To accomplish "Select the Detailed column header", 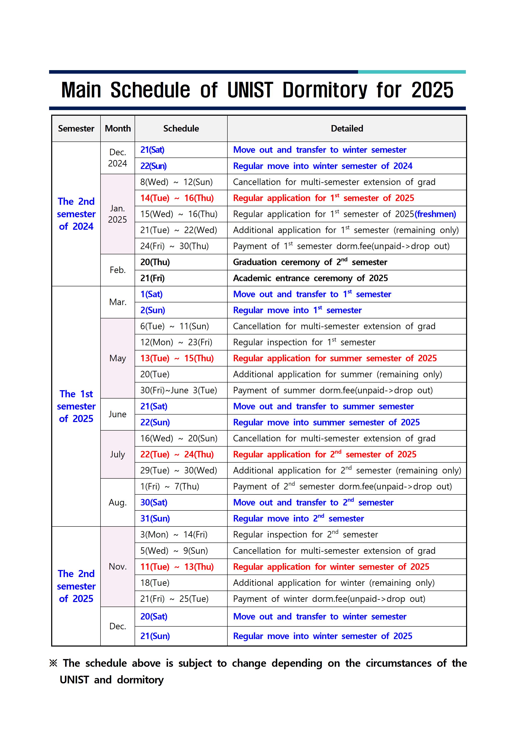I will pos(347,128).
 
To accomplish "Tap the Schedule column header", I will pos(181,128).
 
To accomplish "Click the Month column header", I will pos(118,128).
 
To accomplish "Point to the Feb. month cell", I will pos(118,270).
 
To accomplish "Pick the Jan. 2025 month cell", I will pos(118,214).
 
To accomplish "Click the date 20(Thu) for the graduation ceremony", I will pos(155,262).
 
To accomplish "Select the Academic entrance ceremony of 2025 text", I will pos(310,278).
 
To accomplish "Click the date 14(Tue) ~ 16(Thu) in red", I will pos(177,198).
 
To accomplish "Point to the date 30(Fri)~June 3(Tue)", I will pos(179,390).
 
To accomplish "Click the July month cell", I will pos(118,454).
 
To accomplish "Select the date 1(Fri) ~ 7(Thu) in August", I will pos(170,487).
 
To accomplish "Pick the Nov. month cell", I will pos(118,567).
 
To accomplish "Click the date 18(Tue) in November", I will pos(155,583).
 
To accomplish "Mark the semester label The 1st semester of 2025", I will pos(76,406).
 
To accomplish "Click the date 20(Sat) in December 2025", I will pos(154,617).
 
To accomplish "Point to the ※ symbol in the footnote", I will pos(53,663).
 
